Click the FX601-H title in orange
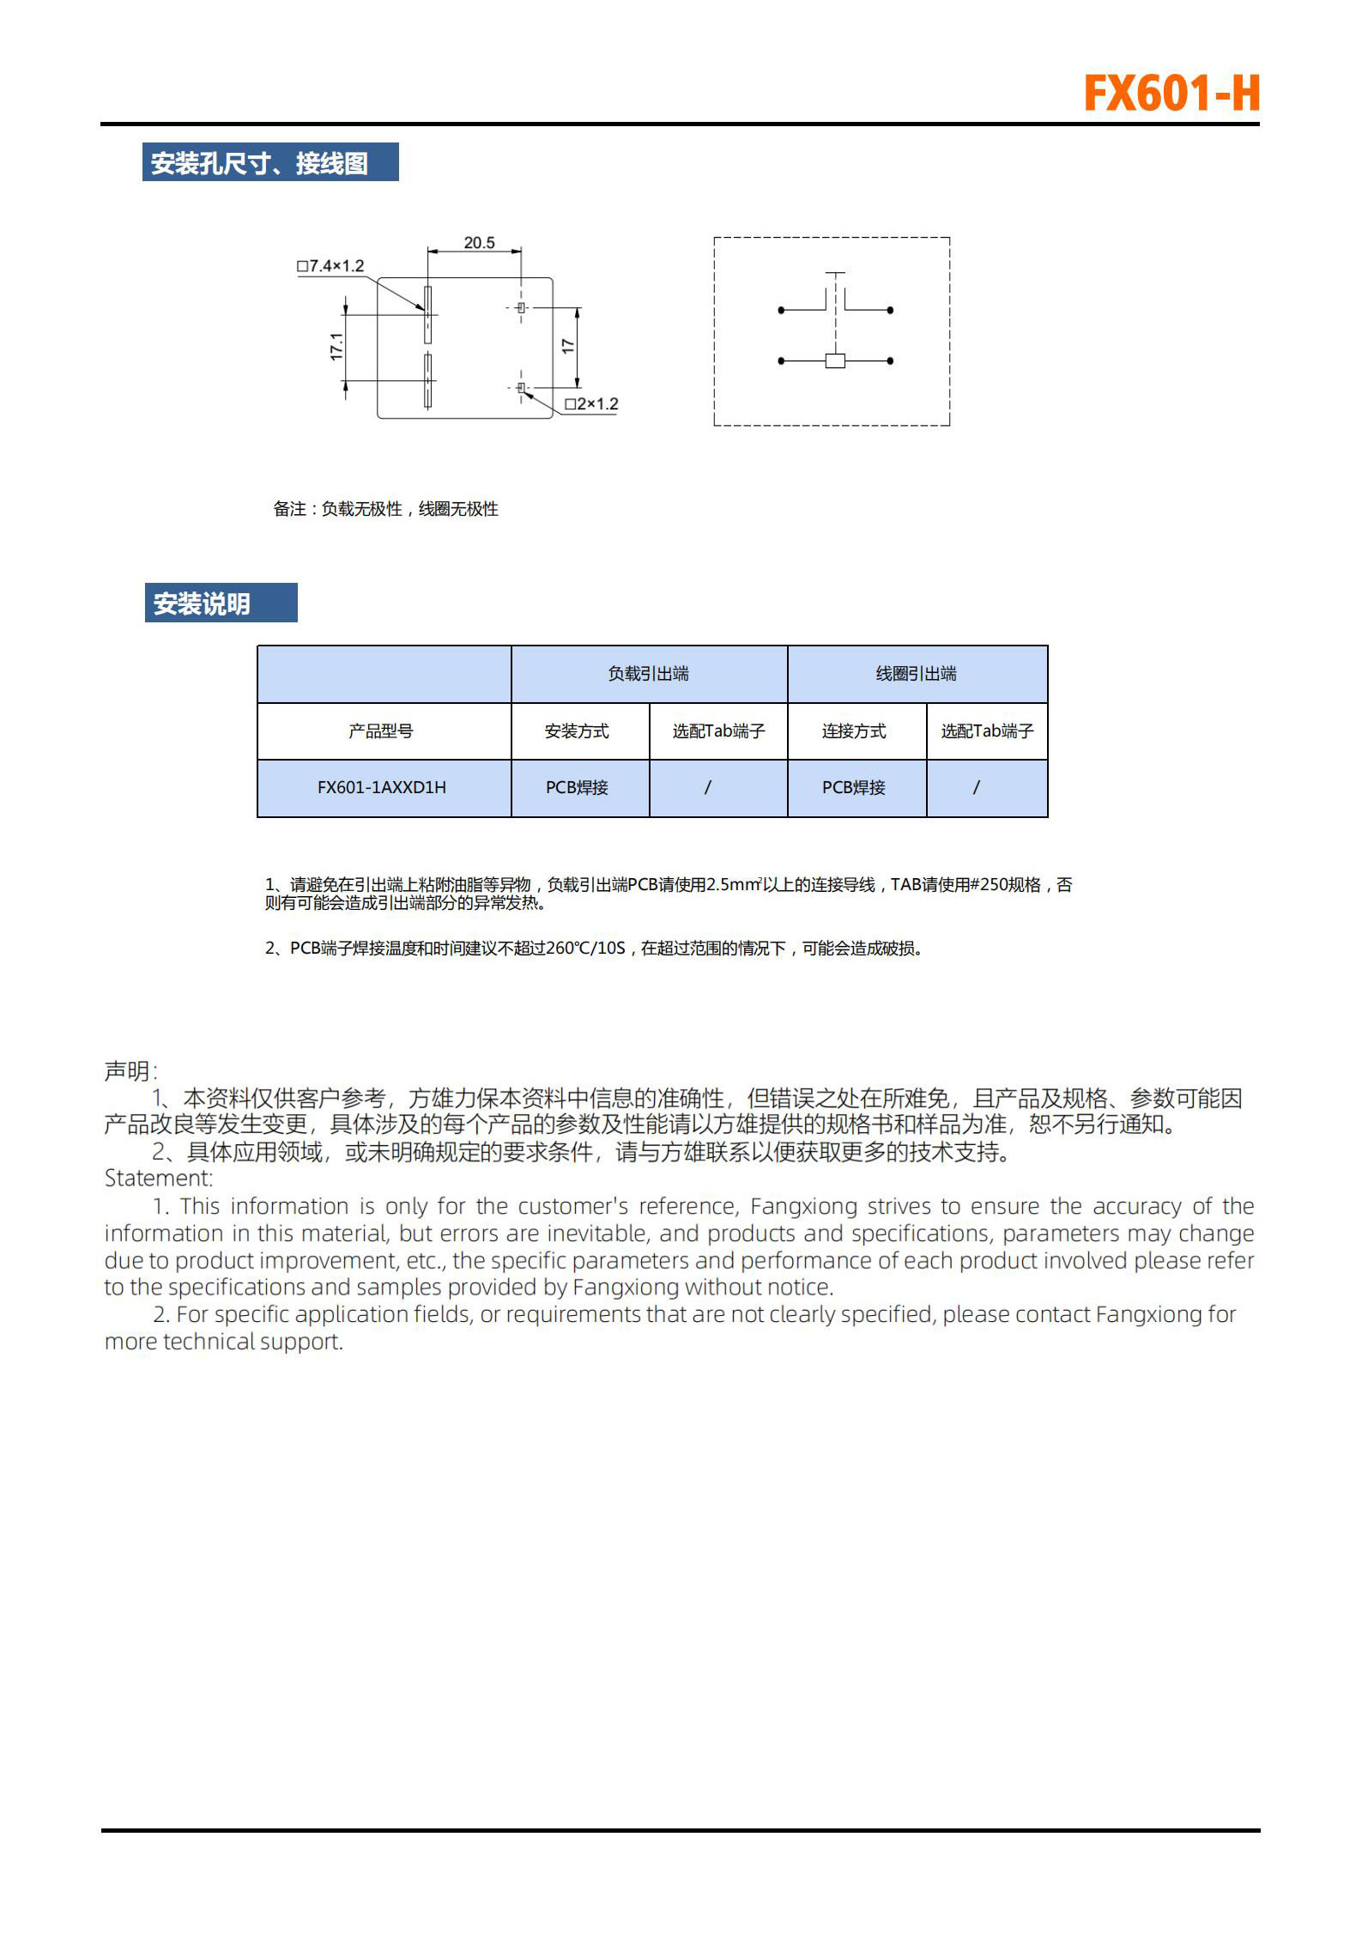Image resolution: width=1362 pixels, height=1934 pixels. (x=1171, y=94)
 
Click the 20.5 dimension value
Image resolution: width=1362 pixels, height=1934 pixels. (x=479, y=243)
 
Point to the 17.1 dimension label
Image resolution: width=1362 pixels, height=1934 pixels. (x=336, y=346)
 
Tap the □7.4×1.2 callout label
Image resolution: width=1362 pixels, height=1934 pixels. (x=330, y=266)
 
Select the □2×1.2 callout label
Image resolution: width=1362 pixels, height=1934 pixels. (x=591, y=403)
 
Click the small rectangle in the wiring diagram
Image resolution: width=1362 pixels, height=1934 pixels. (x=835, y=361)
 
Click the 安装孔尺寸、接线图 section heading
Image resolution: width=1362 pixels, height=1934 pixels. (x=259, y=163)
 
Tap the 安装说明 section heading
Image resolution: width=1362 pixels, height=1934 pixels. (x=202, y=604)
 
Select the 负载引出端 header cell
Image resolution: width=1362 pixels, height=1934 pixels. (x=648, y=674)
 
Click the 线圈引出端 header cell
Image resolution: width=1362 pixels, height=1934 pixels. (x=916, y=674)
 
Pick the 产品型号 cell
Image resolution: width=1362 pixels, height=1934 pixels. (x=381, y=731)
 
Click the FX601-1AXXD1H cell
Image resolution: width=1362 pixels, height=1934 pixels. (x=382, y=787)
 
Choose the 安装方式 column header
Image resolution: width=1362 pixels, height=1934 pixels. (x=577, y=731)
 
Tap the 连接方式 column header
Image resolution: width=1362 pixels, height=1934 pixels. (x=854, y=731)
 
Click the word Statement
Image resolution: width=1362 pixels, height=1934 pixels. (x=158, y=1179)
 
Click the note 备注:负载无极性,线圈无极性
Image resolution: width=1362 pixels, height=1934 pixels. (x=385, y=509)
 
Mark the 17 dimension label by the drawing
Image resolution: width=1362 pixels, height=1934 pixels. (x=567, y=346)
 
